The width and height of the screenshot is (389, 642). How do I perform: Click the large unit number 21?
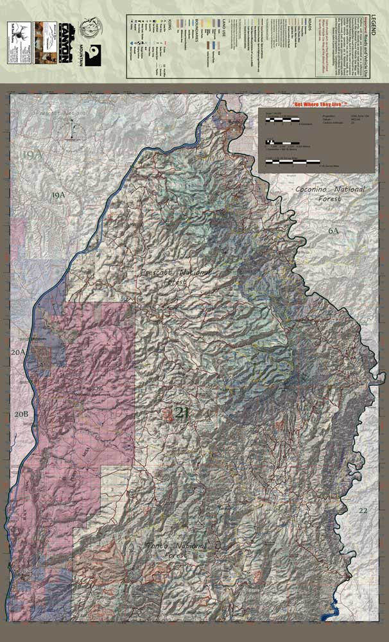click(182, 413)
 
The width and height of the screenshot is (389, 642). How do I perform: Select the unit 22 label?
click(363, 510)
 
